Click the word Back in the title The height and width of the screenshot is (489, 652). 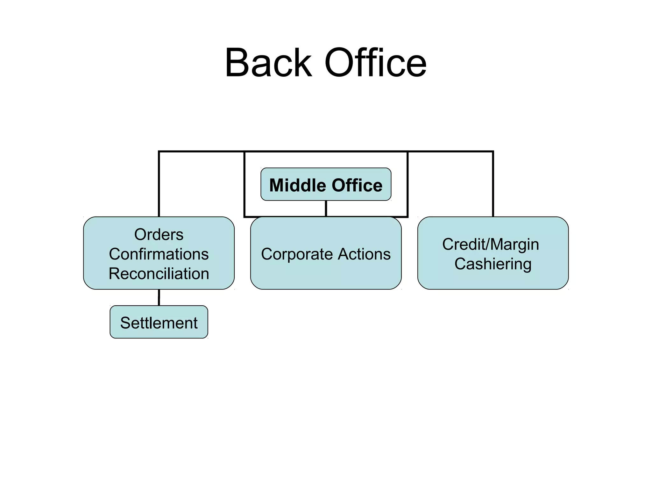268,63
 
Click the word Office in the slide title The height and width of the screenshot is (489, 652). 375,63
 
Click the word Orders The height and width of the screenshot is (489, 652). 159,235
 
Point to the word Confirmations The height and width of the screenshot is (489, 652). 159,254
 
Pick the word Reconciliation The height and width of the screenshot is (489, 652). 159,274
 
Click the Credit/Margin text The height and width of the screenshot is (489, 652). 490,244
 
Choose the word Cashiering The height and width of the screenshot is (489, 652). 493,264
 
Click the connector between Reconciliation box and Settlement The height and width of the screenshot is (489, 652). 159,297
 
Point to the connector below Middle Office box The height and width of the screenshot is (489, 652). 326,209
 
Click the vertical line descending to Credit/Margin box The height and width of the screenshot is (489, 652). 493,185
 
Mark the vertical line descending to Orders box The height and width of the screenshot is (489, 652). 159,185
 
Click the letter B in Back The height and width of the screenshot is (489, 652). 237,63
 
